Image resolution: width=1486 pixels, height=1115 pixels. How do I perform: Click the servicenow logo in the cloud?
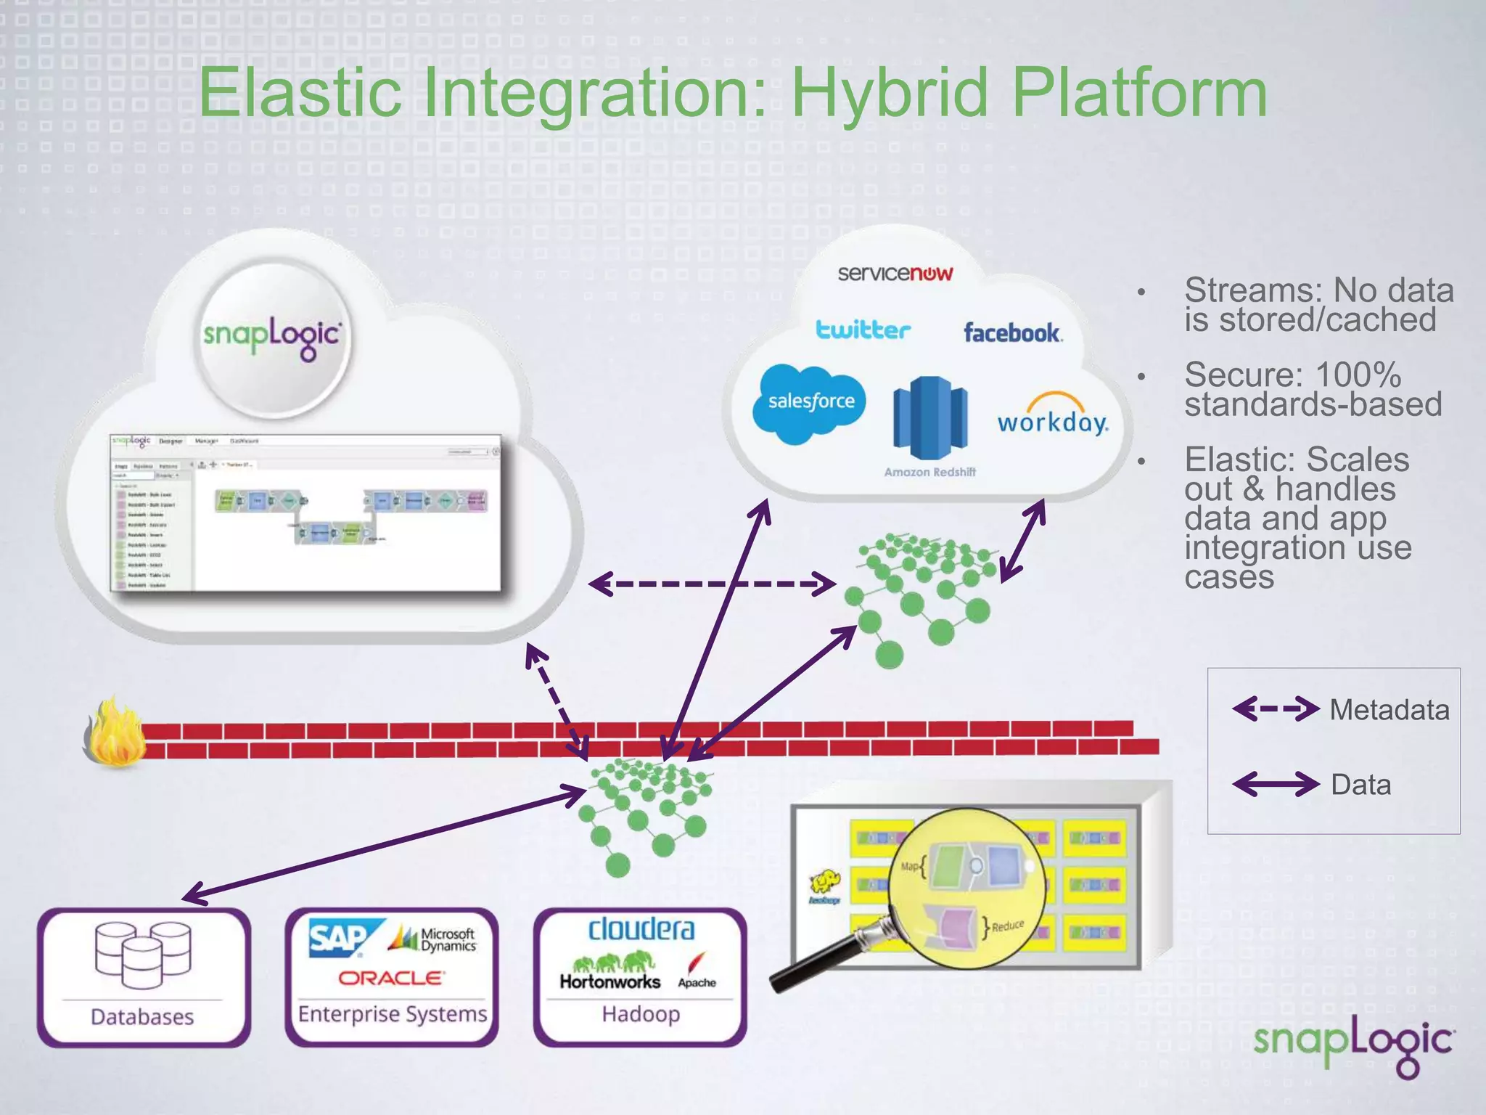point(895,274)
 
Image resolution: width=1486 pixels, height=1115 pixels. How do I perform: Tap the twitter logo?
point(863,330)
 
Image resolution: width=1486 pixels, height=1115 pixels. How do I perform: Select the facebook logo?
point(1012,333)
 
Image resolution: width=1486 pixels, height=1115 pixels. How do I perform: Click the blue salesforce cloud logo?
point(810,402)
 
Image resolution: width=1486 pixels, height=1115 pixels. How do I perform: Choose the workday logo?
point(1052,417)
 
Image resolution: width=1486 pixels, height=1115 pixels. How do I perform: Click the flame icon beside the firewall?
point(115,733)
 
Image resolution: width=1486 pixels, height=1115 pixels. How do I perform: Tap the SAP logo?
point(341,938)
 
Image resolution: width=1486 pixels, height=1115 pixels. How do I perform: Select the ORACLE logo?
point(391,979)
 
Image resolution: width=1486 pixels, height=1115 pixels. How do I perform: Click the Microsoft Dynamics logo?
point(435,939)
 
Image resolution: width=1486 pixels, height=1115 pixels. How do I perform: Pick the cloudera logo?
point(641,930)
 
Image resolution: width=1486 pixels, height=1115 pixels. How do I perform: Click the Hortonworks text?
point(609,981)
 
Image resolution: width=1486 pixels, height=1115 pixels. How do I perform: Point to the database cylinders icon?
point(143,954)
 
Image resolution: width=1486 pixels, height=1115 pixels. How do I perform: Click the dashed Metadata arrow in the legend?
point(1276,708)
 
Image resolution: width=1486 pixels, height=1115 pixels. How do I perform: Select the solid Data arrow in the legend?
point(1276,784)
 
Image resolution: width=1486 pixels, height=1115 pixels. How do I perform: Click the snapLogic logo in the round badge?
point(272,336)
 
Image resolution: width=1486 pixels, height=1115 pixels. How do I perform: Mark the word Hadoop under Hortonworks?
point(641,1014)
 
